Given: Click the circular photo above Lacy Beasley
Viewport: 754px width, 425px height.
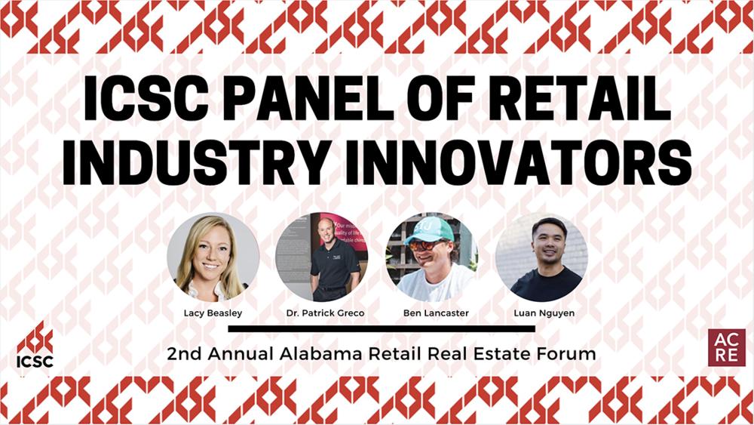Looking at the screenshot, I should pyautogui.click(x=213, y=257).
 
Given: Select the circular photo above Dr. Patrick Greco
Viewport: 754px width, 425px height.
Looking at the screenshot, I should pyautogui.click(x=322, y=257).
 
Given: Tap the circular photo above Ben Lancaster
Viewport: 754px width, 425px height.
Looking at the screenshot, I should pyautogui.click(x=432, y=257).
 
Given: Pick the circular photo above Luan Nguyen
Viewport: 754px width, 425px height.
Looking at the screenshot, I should pyautogui.click(x=541, y=257).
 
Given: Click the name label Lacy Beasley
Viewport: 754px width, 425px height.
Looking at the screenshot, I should pyautogui.click(x=213, y=312).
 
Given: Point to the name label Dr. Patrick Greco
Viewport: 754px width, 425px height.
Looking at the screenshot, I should pyautogui.click(x=322, y=312).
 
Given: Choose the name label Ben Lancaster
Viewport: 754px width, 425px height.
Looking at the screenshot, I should pyautogui.click(x=432, y=312).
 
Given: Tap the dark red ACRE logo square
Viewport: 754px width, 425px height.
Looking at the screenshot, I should pyautogui.click(x=726, y=348).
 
